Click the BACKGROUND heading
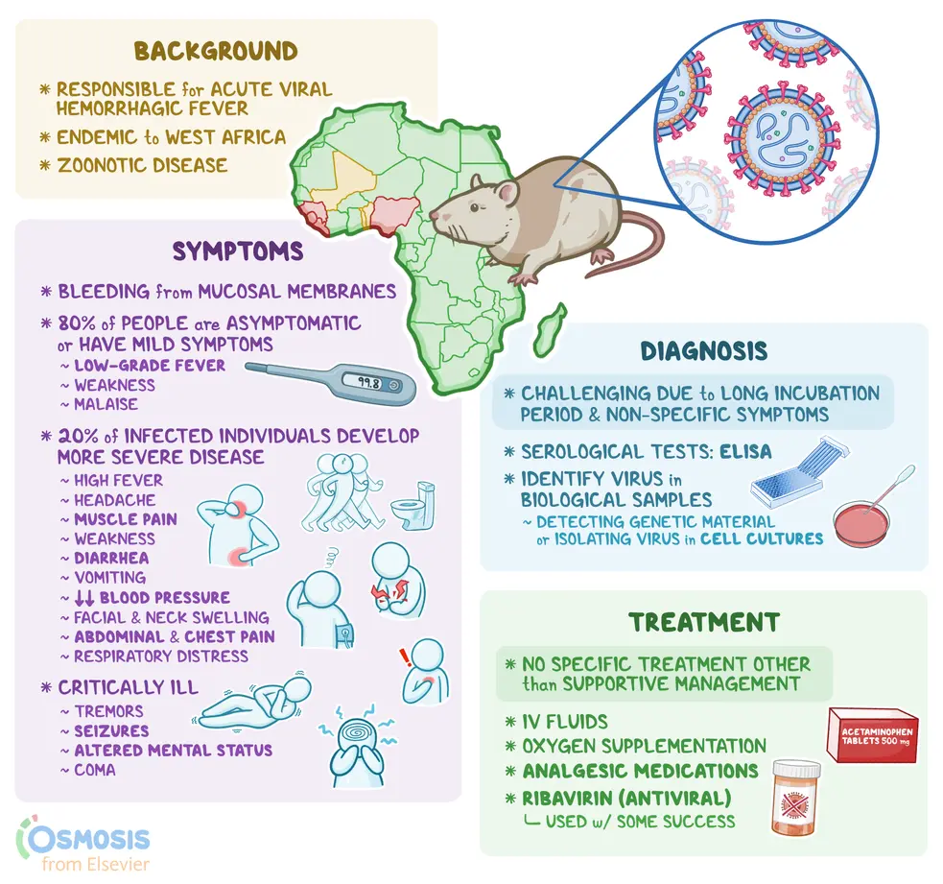[x=216, y=51]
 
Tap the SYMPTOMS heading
[x=238, y=251]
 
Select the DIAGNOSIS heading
[x=703, y=351]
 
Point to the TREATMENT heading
[x=704, y=622]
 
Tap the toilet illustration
[x=413, y=504]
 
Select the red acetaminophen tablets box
[x=873, y=735]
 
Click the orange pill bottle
[x=795, y=798]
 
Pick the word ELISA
[x=745, y=452]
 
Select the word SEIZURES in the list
[x=111, y=731]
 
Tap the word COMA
[x=95, y=771]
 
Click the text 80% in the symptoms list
[x=77, y=323]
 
